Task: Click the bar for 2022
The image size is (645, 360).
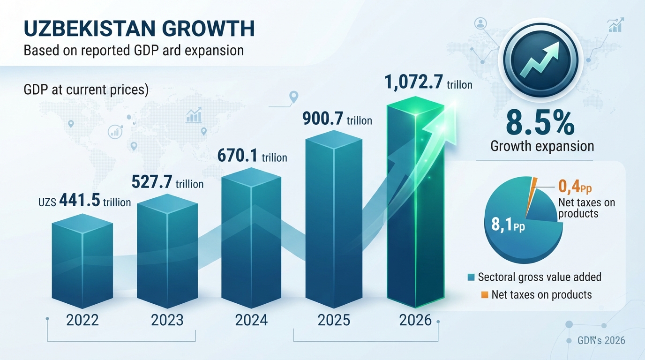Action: pos(82,261)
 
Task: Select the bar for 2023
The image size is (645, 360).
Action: pos(167,251)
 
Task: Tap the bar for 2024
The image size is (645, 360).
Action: pos(251,238)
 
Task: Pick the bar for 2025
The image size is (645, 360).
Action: pos(334,219)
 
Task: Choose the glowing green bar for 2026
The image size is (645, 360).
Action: pos(415,202)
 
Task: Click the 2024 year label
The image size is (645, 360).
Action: pos(251,320)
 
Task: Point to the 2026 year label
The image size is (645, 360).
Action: pos(415,320)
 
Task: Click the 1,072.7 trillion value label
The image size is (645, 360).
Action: pos(428,82)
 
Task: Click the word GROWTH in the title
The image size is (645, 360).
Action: pos(208,29)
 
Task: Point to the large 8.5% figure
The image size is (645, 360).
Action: pos(540,124)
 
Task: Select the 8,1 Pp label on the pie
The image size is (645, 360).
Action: pos(508,225)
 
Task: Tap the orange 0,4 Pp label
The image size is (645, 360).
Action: pos(575,187)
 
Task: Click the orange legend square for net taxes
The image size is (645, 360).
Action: pos(485,295)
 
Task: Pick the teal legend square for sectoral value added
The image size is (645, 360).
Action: pos(472,277)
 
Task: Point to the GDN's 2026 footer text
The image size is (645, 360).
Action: pos(601,340)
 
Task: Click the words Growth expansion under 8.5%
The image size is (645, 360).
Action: pos(542,146)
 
